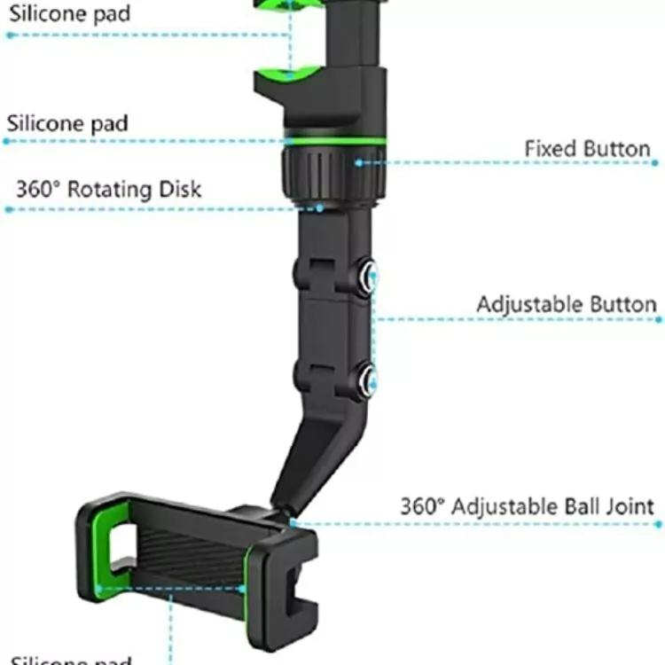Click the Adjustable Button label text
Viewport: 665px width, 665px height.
tap(566, 304)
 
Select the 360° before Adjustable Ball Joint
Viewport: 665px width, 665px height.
tap(421, 506)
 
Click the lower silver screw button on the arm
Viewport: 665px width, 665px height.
tap(366, 379)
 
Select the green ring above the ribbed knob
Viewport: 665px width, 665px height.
tap(335, 141)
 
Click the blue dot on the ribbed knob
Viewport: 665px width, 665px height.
tap(359, 163)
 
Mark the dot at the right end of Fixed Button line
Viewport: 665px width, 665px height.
tap(655, 163)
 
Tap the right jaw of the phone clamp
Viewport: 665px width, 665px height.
tap(286, 576)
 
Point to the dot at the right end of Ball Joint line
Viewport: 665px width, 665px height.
tap(658, 524)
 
